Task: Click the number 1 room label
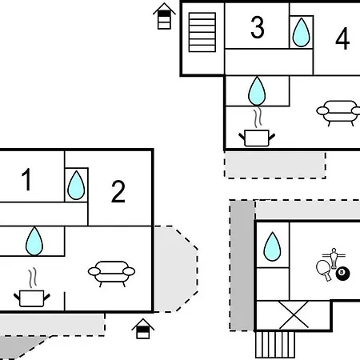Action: coord(26,179)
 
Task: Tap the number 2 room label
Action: coord(118,191)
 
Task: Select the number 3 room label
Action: coord(258,27)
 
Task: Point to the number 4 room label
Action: coord(342,38)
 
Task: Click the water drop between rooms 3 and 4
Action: coord(302,32)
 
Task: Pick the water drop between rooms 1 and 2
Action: coord(76,185)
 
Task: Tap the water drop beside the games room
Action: coord(272,246)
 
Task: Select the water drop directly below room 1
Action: coord(34,241)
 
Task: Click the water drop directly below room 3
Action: coord(257,91)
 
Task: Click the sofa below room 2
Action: coord(111,274)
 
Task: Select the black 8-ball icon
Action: coord(342,274)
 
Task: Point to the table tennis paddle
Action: coord(324,270)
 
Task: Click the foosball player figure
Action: coord(334,258)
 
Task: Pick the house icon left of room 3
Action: coord(164,16)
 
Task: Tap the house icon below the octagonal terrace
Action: coord(143,329)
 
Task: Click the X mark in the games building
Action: coord(294,314)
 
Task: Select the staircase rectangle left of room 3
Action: coord(202,32)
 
